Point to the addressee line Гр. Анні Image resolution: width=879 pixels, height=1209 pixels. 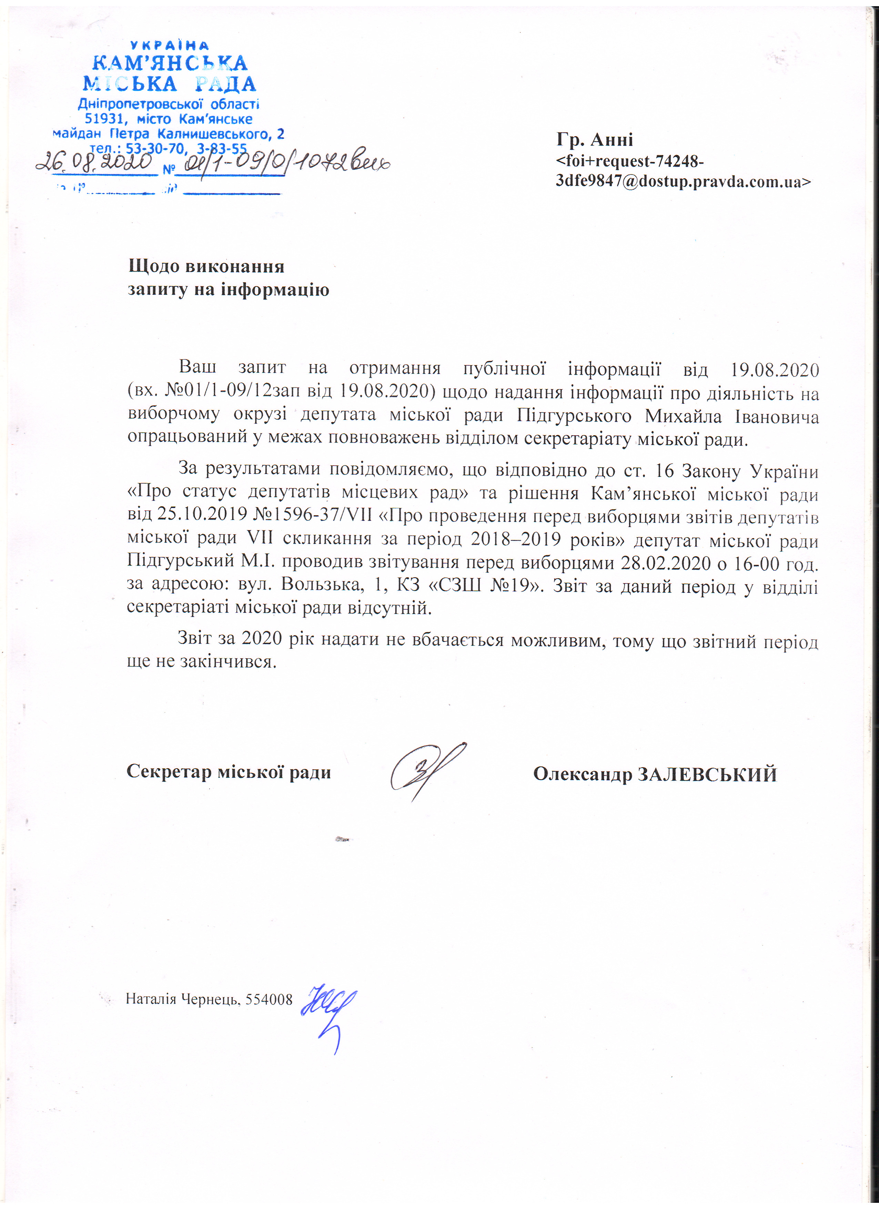pyautogui.click(x=594, y=140)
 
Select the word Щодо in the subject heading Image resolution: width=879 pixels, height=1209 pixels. pyautogui.click(x=154, y=266)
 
